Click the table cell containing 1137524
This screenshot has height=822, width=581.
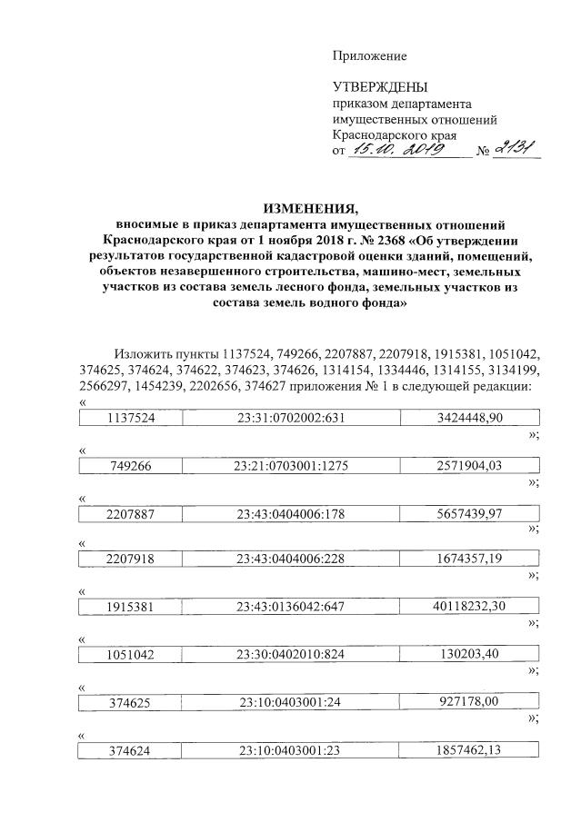point(131,418)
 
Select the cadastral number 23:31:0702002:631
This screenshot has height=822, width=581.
point(290,418)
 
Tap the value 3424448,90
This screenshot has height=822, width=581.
point(470,418)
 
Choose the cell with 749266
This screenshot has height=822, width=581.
point(131,466)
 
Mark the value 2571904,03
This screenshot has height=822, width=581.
point(470,466)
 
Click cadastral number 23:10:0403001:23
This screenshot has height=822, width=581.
point(290,750)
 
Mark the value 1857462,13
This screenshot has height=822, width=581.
point(470,750)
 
